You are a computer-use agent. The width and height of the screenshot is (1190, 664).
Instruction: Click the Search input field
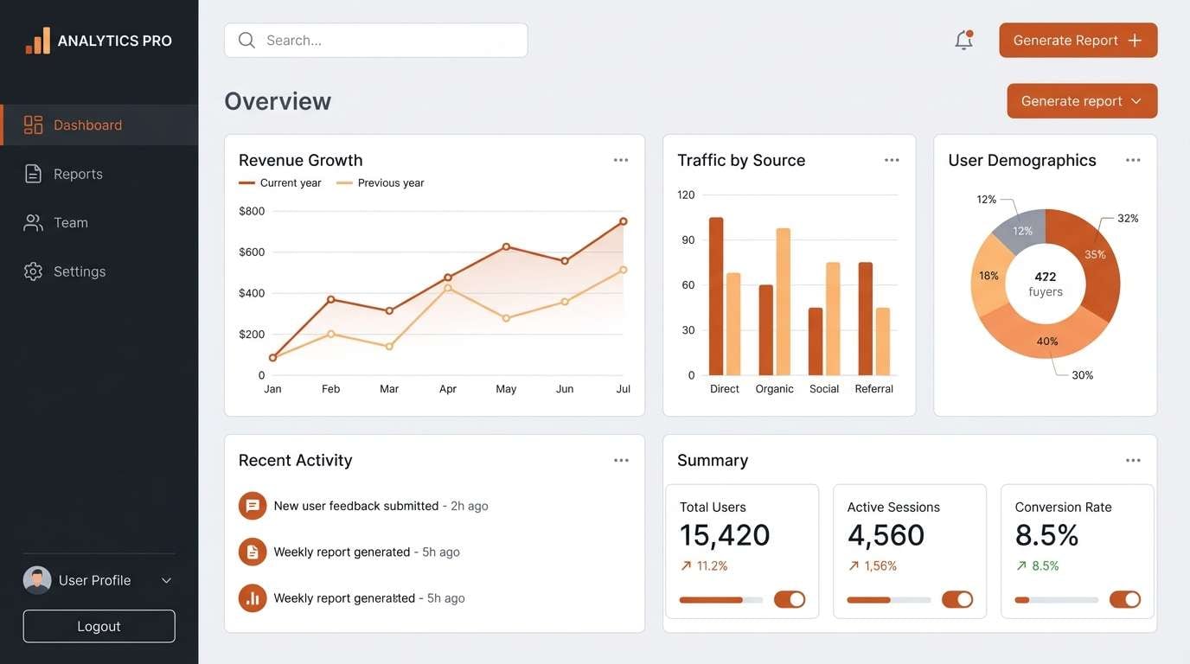click(x=375, y=41)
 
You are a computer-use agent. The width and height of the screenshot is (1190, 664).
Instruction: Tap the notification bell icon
click(x=963, y=41)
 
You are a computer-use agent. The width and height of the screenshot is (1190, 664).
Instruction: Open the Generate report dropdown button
click(x=1082, y=101)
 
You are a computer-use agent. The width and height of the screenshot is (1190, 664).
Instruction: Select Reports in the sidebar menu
click(x=78, y=174)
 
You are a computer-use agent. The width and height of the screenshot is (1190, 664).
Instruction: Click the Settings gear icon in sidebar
click(x=33, y=271)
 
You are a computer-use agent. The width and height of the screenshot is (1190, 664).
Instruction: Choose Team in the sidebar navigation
click(x=70, y=223)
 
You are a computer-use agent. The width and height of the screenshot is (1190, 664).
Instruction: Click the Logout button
click(x=99, y=627)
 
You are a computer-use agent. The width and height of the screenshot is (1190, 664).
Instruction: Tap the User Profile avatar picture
click(x=37, y=580)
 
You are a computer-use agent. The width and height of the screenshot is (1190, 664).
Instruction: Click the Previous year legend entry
click(x=381, y=183)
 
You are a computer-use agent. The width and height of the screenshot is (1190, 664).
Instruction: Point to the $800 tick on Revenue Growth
click(x=252, y=211)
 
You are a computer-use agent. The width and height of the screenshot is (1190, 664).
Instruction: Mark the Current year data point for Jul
click(x=623, y=222)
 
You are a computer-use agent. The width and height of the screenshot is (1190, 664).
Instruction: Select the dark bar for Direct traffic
click(x=716, y=296)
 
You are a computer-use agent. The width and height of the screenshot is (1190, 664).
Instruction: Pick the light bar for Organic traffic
click(x=784, y=301)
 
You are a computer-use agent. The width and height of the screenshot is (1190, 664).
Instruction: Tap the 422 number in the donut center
click(x=1046, y=277)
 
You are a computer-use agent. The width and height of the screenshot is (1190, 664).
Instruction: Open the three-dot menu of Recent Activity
click(x=621, y=461)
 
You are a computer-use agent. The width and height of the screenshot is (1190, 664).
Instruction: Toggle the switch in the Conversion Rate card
click(x=1124, y=600)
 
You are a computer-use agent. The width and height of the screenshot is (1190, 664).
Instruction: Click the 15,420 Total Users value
click(x=725, y=535)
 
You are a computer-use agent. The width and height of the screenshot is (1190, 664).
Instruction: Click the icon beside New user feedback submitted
click(x=253, y=506)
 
